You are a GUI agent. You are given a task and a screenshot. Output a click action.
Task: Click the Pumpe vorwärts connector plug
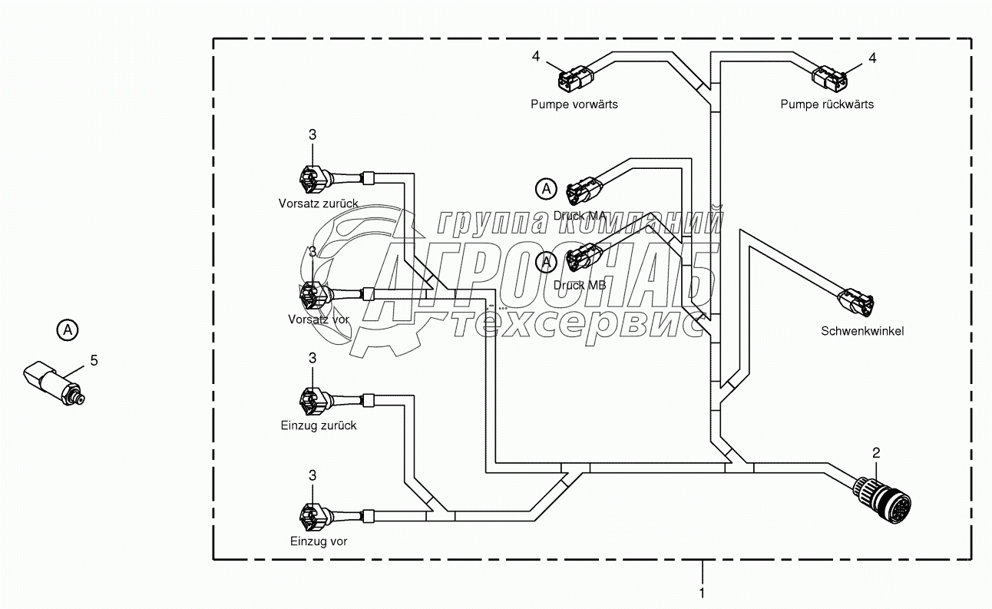pyautogui.click(x=574, y=78)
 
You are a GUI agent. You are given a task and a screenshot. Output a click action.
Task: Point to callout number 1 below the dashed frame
pyautogui.click(x=702, y=593)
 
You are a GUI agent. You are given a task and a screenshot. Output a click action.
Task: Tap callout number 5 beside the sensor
pyautogui.click(x=94, y=359)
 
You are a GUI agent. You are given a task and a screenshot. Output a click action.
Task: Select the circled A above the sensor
pyautogui.click(x=68, y=330)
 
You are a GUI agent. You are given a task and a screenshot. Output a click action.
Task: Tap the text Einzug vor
pyautogui.click(x=319, y=541)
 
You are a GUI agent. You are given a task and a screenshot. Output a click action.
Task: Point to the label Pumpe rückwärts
pyautogui.click(x=827, y=104)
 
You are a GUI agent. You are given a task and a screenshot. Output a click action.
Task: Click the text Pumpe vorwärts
pyautogui.click(x=574, y=104)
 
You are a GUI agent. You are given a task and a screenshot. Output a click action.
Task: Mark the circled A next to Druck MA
pyautogui.click(x=546, y=188)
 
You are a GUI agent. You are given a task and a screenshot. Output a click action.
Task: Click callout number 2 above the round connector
pyautogui.click(x=877, y=453)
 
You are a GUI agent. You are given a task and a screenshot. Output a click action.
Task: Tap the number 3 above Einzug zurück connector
pyautogui.click(x=312, y=358)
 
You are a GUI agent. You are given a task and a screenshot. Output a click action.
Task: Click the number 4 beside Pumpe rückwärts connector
pyautogui.click(x=871, y=58)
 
